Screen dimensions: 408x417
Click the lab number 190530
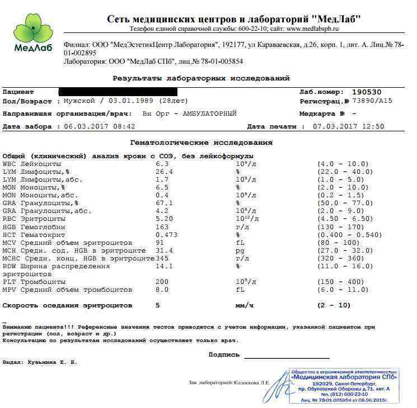coord(367,92)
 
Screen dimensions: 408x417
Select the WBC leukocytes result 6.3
coord(162,164)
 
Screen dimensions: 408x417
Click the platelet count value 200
coord(162,282)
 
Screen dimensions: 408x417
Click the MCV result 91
coord(160,243)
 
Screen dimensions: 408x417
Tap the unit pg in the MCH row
coord(240,251)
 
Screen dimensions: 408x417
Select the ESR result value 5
coord(158,306)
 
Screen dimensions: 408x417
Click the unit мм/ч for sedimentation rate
coord(244,306)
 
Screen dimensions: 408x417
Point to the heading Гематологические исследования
coord(202,143)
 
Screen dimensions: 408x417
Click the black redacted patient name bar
coord(118,92)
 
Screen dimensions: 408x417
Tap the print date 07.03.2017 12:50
coord(349,126)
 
